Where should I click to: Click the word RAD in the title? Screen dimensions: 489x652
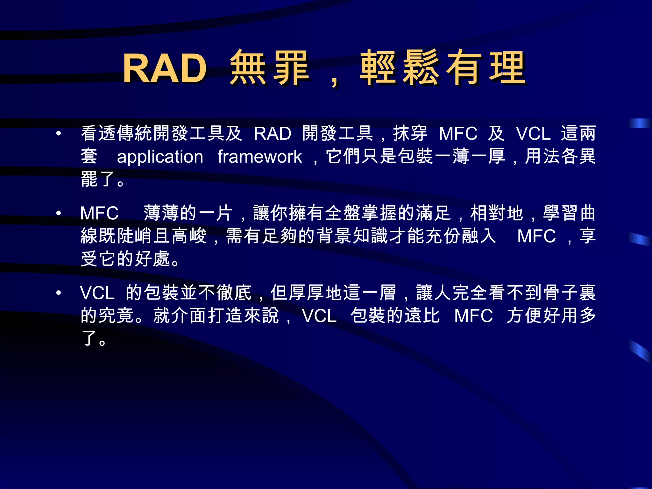click(165, 68)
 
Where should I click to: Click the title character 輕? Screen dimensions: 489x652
click(378, 67)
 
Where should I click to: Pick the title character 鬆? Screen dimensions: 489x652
click(421, 67)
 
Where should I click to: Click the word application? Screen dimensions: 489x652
click(160, 157)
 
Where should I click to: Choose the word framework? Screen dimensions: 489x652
click(259, 157)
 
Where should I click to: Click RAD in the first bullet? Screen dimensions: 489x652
click(273, 133)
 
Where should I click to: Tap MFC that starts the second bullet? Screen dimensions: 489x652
click(99, 213)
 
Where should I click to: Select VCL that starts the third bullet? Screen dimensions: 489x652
click(97, 293)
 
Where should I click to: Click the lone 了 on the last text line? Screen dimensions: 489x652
click(89, 338)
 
